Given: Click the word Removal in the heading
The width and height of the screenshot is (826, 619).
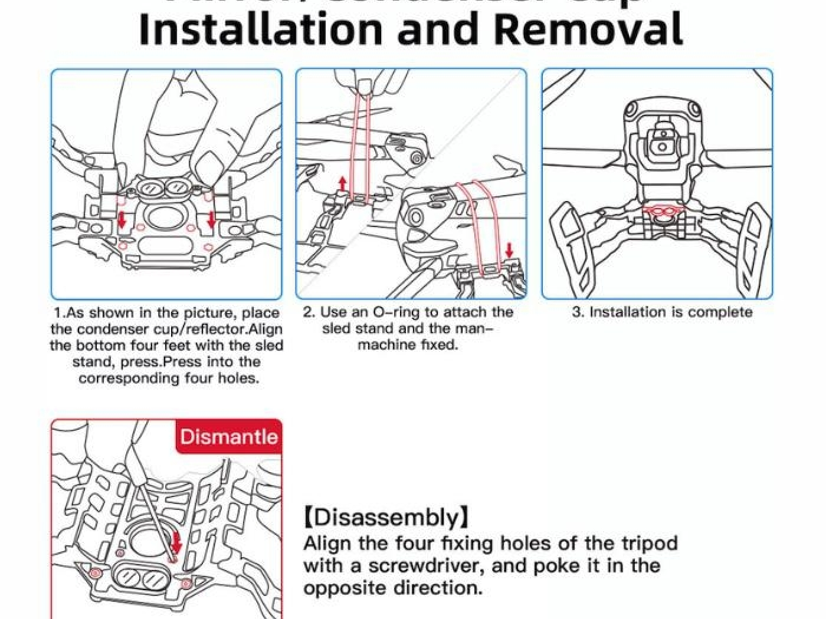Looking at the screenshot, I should (x=588, y=29).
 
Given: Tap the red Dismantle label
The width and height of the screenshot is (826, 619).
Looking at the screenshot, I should (x=228, y=437).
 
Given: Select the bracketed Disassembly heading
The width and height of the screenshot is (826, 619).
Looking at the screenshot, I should (x=387, y=517).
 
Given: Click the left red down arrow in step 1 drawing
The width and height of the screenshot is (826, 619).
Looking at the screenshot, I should (x=122, y=220).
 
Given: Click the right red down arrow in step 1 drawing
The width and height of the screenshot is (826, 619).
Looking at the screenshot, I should (x=211, y=220).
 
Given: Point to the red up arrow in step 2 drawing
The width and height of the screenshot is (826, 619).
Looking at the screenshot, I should (x=342, y=183).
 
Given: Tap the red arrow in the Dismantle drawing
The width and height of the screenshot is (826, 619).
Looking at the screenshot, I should (x=176, y=543).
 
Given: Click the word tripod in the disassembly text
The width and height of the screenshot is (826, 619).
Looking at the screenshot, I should (x=649, y=543).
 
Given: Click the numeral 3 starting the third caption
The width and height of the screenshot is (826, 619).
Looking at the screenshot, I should (x=576, y=312).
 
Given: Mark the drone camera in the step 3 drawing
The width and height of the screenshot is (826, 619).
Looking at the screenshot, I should (x=663, y=141).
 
